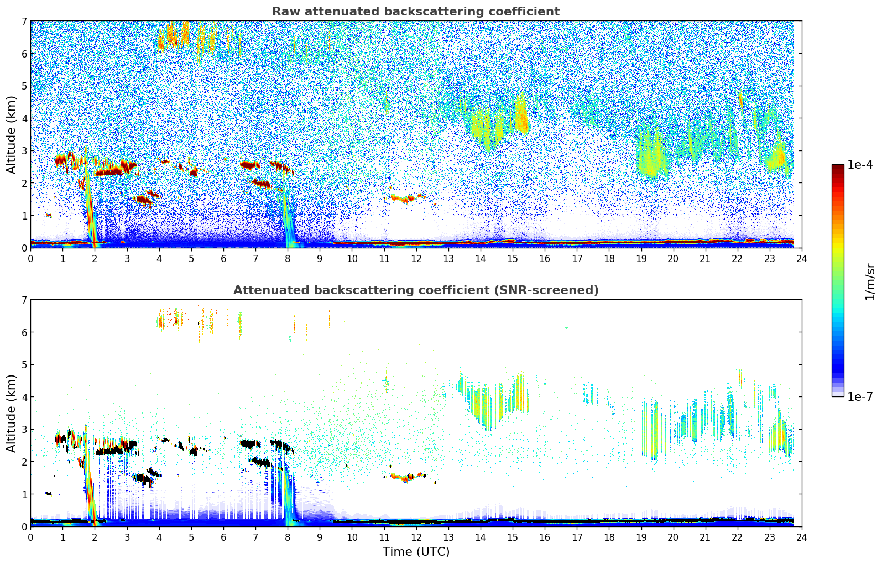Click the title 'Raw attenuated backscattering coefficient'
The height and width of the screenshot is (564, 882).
coord(415,12)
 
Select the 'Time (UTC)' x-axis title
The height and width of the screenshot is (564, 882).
coord(416,552)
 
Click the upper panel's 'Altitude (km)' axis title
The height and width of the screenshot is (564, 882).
coord(11,134)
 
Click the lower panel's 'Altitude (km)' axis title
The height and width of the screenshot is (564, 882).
coord(11,413)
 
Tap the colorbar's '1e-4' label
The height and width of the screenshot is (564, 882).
coord(860,165)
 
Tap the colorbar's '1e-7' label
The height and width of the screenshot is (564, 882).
coord(860,396)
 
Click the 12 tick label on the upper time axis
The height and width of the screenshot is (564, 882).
coord(416,259)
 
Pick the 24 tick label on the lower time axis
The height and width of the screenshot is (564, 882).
coord(801,537)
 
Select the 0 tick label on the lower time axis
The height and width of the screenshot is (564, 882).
coord(30,537)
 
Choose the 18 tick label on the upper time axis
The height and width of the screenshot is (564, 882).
coord(609,259)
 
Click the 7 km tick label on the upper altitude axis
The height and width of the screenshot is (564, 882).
coord(24,22)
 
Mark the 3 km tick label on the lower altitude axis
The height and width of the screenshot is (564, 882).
coord(24,430)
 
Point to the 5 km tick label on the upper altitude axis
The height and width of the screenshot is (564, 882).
coord(24,86)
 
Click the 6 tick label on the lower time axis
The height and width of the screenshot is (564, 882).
coord(223,537)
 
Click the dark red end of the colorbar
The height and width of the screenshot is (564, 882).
coord(837,167)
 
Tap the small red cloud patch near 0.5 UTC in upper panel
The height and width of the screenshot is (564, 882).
coord(48,215)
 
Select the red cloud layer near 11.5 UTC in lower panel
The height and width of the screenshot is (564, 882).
coord(404,477)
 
